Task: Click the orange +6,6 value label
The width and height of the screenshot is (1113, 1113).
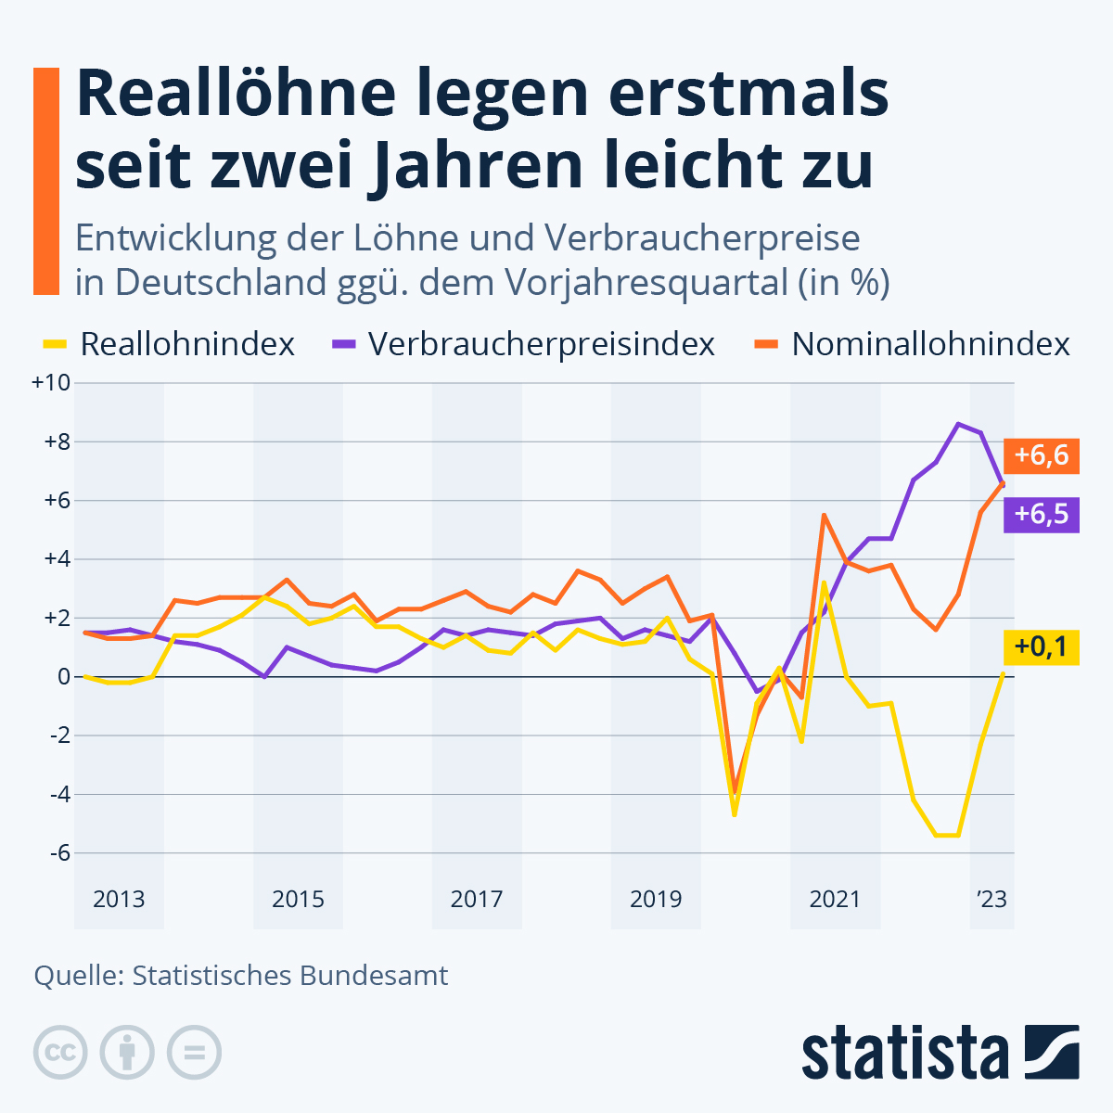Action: coord(1041,456)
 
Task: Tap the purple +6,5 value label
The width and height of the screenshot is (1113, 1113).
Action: coord(1041,514)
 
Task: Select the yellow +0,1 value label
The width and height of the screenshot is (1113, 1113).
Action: coord(1041,646)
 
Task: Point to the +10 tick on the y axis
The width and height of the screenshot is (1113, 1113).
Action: coord(51,382)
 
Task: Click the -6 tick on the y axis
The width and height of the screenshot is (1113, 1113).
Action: coord(57,852)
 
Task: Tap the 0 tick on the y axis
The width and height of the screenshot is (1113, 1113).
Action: coord(63,676)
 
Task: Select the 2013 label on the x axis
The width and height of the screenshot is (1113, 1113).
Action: coord(119,899)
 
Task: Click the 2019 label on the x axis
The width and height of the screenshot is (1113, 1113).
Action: coord(656,899)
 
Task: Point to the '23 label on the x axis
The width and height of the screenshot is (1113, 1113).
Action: coord(991,899)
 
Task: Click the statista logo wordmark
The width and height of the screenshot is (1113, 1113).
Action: coord(904,1053)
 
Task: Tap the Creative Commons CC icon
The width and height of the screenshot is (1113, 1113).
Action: coord(60,1053)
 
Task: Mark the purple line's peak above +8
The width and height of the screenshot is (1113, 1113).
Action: coord(959,424)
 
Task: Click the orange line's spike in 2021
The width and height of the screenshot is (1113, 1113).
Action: coord(824,515)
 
